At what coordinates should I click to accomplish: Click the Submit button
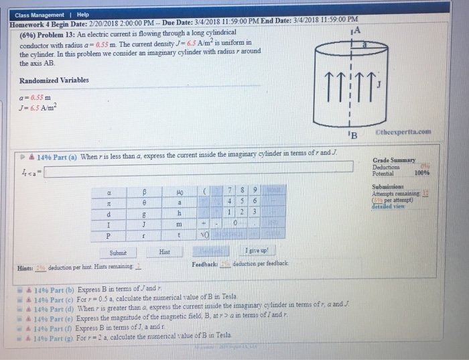(116, 253)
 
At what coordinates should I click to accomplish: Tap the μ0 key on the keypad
(180, 190)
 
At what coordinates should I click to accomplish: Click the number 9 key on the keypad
(255, 190)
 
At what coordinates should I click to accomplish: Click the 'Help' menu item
(83, 15)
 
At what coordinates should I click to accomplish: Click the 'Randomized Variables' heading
(54, 80)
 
